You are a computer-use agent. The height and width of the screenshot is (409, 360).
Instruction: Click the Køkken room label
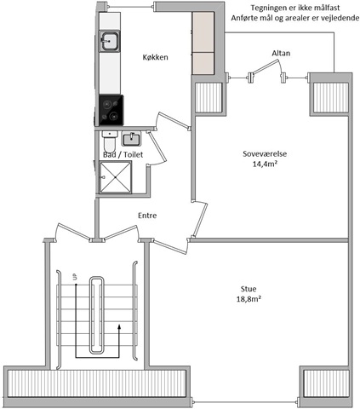pyautogui.click(x=155, y=57)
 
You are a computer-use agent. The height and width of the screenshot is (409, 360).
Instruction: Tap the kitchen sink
pyautogui.click(x=109, y=41)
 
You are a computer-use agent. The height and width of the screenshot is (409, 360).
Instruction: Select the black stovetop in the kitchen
pyautogui.click(x=111, y=110)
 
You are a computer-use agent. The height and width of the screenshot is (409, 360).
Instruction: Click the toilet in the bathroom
pyautogui.click(x=110, y=142)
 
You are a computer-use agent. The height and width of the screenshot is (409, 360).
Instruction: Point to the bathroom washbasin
pyautogui.click(x=131, y=139)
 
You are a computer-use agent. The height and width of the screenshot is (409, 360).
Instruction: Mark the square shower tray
pyautogui.click(x=116, y=177)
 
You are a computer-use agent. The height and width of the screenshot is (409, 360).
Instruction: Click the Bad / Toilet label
pyautogui.click(x=123, y=155)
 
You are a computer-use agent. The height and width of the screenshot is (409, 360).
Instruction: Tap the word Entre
pyautogui.click(x=147, y=216)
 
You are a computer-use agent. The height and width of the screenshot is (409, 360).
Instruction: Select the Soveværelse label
pyautogui.click(x=265, y=154)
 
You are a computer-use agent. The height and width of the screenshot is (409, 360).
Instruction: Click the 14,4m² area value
pyautogui.click(x=265, y=164)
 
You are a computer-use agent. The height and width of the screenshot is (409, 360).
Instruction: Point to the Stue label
pyautogui.click(x=249, y=289)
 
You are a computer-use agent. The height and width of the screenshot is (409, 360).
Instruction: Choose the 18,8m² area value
pyautogui.click(x=249, y=299)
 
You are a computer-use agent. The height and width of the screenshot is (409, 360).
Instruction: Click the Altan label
pyautogui.click(x=281, y=53)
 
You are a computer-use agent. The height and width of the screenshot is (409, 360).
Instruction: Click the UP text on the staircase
pyautogui.click(x=75, y=276)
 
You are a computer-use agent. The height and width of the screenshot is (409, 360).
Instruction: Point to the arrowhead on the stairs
pyautogui.click(x=119, y=326)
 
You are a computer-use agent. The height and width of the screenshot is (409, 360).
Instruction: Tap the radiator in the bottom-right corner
pyautogui.click(x=326, y=383)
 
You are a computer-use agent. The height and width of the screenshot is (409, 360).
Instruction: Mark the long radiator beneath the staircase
pyautogui.click(x=96, y=383)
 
